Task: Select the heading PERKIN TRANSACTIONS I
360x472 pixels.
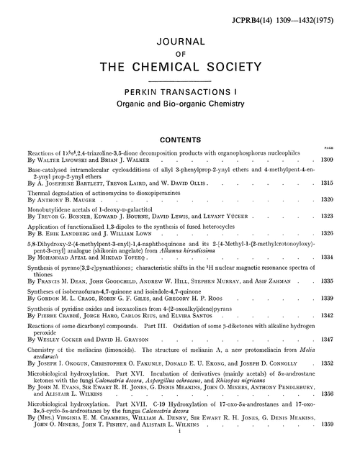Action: tap(179, 91)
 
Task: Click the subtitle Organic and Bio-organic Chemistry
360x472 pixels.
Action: tap(179, 104)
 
